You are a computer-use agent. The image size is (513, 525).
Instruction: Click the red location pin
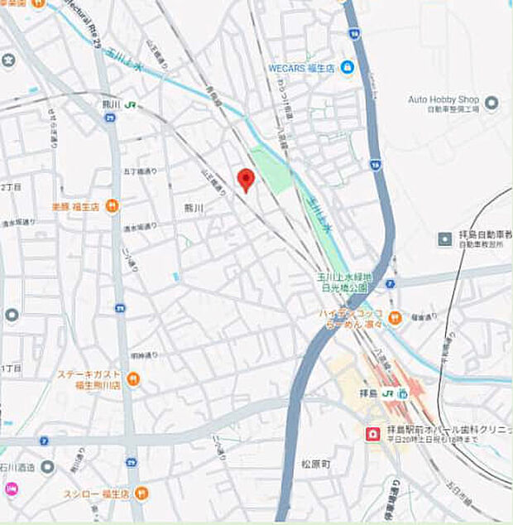point(245,179)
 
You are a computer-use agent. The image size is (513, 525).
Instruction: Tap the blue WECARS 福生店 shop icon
point(348,67)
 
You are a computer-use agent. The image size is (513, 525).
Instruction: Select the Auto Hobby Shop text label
point(443,99)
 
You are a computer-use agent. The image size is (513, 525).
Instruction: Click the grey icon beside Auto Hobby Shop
point(491,103)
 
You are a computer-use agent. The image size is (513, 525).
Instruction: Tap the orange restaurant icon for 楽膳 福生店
point(113,206)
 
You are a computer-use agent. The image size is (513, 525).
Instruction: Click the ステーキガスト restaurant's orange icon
point(133,379)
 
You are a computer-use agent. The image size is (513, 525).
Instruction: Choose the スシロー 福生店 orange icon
point(141,494)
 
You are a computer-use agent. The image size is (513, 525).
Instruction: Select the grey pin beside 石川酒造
point(47,467)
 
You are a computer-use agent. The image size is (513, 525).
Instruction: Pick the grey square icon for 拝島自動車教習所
point(445,239)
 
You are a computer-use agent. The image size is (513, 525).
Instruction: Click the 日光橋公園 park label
point(344,287)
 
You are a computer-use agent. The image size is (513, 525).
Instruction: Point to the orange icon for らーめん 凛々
point(395,316)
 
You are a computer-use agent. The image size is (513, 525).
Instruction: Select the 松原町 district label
point(314,465)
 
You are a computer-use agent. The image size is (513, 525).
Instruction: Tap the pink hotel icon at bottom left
point(11,489)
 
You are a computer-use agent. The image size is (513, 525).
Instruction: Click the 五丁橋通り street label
point(135,171)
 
